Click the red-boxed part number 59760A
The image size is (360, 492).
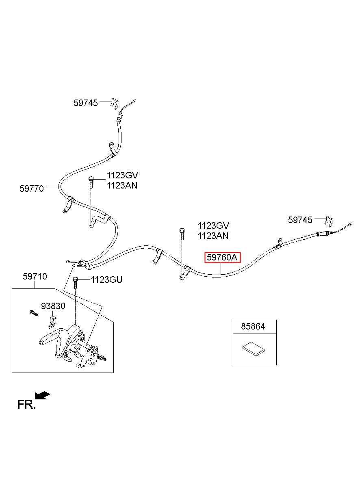pyautogui.click(x=222, y=257)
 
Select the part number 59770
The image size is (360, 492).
pyautogui.click(x=32, y=189)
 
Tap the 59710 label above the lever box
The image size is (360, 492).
pyautogui.click(x=35, y=276)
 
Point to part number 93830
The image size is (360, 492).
pyautogui.click(x=53, y=306)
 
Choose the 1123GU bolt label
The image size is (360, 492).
pyautogui.click(x=106, y=280)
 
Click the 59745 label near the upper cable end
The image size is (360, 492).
pyautogui.click(x=85, y=103)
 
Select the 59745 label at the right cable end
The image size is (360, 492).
pyautogui.click(x=300, y=220)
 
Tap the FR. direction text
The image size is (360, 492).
pyautogui.click(x=26, y=404)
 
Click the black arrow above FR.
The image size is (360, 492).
pyautogui.click(x=42, y=395)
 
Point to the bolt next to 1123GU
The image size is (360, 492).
pyautogui.click(x=75, y=283)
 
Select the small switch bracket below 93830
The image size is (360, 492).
pyautogui.click(x=52, y=322)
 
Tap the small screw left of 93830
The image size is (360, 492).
pyautogui.click(x=34, y=313)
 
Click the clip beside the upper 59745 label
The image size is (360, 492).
pyautogui.click(x=114, y=103)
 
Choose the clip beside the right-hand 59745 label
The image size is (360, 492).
pyautogui.click(x=329, y=220)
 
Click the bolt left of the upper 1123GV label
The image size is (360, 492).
pyautogui.click(x=91, y=182)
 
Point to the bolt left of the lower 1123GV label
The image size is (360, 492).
pyautogui.click(x=182, y=234)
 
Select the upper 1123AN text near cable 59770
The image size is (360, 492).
pyautogui.click(x=122, y=186)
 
